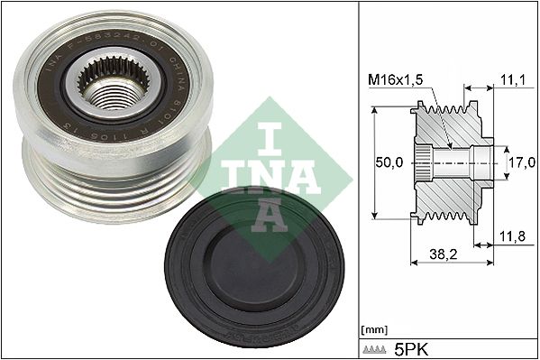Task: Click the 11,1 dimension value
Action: point(511,80)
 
